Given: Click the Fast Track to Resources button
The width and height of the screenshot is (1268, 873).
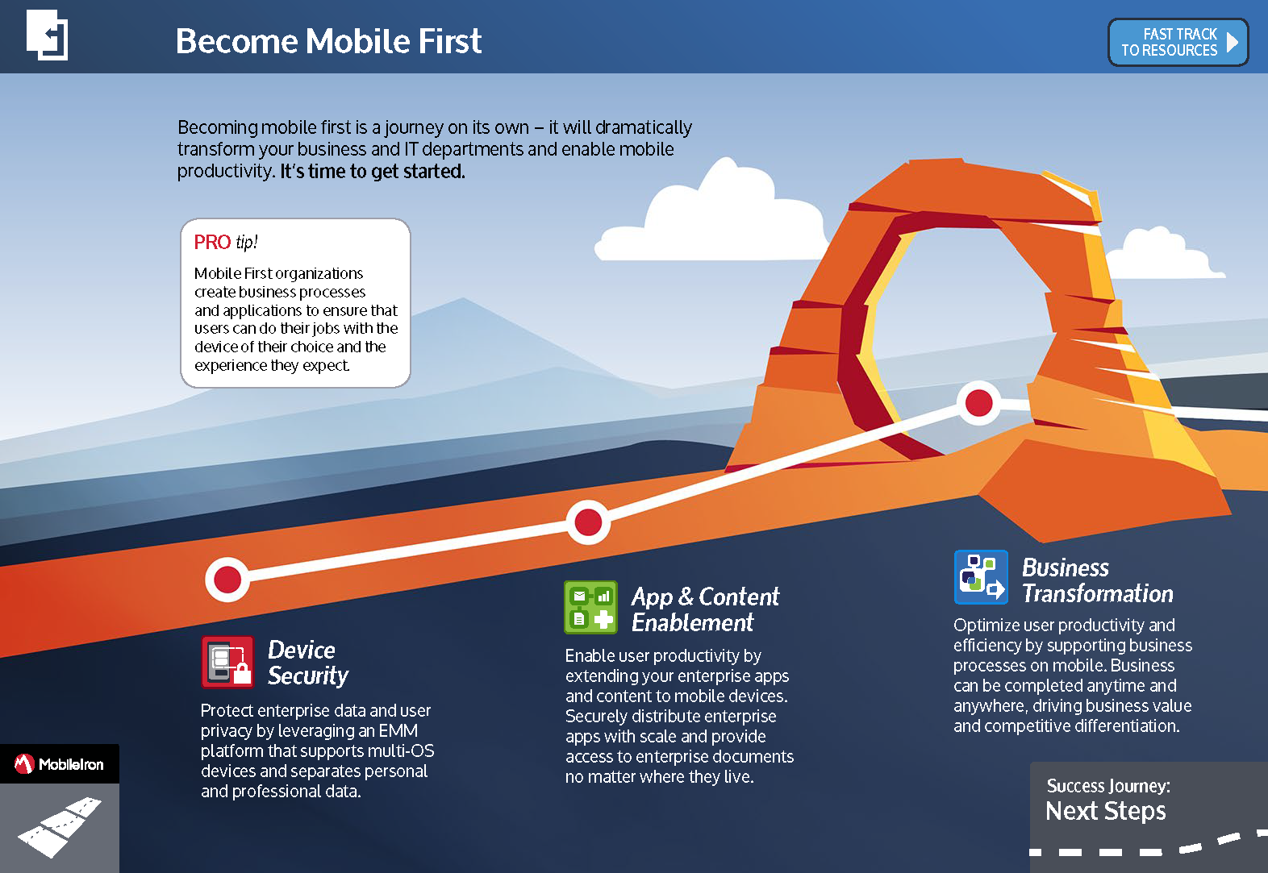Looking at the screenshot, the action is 1178,43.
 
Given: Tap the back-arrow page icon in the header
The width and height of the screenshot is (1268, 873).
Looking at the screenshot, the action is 47,35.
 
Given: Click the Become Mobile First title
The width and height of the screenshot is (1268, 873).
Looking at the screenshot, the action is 328,41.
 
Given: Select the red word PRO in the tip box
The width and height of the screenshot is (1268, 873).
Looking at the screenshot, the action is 212,242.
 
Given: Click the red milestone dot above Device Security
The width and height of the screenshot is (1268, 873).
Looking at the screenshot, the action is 227,580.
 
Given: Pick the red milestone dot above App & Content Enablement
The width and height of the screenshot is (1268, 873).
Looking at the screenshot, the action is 588,522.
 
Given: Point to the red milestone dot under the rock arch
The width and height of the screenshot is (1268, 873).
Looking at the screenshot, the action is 978,403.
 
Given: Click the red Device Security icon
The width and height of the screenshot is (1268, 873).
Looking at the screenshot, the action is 227,662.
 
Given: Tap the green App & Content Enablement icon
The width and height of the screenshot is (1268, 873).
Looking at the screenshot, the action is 590,607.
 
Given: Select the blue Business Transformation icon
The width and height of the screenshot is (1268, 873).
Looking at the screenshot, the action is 981,577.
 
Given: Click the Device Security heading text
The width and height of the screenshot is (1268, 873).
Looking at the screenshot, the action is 308,663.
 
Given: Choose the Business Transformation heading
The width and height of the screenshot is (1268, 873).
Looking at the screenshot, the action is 1098,580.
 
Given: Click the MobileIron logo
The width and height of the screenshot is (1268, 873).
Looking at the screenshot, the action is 60,764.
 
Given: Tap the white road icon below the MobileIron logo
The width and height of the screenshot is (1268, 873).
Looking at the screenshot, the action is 60,826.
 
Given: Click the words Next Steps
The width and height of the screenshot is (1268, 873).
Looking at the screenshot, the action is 1106,811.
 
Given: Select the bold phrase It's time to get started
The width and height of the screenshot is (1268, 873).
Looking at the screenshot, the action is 373,171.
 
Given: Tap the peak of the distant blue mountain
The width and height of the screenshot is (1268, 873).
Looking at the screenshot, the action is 463,298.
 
